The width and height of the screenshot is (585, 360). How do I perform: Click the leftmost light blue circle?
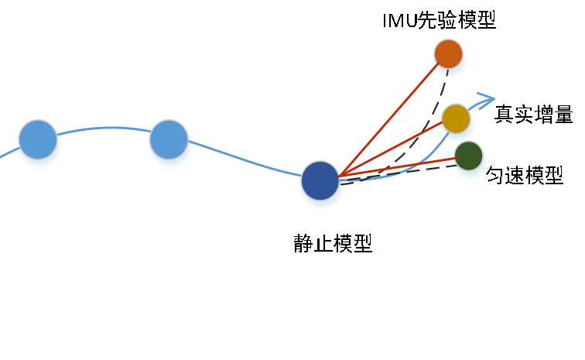(38, 139)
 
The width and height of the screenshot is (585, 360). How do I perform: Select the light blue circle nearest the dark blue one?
(169, 139)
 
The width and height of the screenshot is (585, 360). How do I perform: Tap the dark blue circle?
(320, 180)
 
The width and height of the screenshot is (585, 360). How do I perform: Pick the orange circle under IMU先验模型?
(449, 53)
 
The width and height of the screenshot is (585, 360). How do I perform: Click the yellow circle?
(456, 118)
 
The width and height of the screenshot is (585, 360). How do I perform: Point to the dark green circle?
(469, 156)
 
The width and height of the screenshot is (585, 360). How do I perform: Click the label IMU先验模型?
(439, 20)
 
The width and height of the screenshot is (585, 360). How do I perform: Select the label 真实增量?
(533, 115)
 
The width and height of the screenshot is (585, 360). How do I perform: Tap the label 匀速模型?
(524, 175)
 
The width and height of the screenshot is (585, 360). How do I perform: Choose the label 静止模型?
(333, 243)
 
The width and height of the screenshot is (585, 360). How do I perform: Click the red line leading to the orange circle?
(388, 119)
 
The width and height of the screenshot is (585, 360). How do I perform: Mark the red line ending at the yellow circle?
(391, 149)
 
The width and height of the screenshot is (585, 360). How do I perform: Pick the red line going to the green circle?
(398, 167)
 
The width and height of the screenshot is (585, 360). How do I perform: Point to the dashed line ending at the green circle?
(399, 174)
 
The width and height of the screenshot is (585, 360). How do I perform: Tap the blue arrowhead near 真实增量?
(486, 101)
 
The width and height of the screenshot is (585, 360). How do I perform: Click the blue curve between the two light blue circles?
(104, 128)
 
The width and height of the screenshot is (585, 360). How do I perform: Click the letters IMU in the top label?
(400, 21)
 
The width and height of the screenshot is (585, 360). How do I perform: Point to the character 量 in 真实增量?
(563, 115)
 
